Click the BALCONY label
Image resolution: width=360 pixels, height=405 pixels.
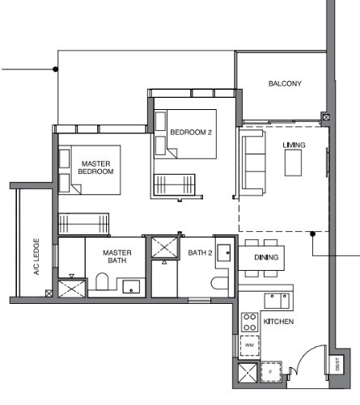pos(285,83)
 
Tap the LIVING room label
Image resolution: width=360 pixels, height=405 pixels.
pos(293,145)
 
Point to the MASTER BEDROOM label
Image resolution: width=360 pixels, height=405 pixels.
pos(95,167)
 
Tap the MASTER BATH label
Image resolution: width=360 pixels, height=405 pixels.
pos(117,257)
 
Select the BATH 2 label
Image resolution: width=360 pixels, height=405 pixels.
pos(200,253)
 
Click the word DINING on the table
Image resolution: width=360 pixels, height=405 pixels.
pos(266,257)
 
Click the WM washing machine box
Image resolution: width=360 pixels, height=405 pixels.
pos(249,346)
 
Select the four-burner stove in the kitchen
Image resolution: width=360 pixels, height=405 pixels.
pos(250,321)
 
